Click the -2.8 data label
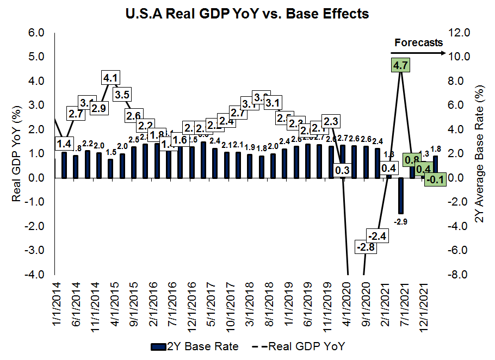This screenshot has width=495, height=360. click(364, 247)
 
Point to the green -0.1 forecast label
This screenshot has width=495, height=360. click(435, 179)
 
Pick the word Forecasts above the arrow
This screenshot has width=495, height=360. click(418, 42)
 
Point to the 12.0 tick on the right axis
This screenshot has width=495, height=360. click(462, 33)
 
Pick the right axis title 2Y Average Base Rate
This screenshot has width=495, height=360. click(480, 153)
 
